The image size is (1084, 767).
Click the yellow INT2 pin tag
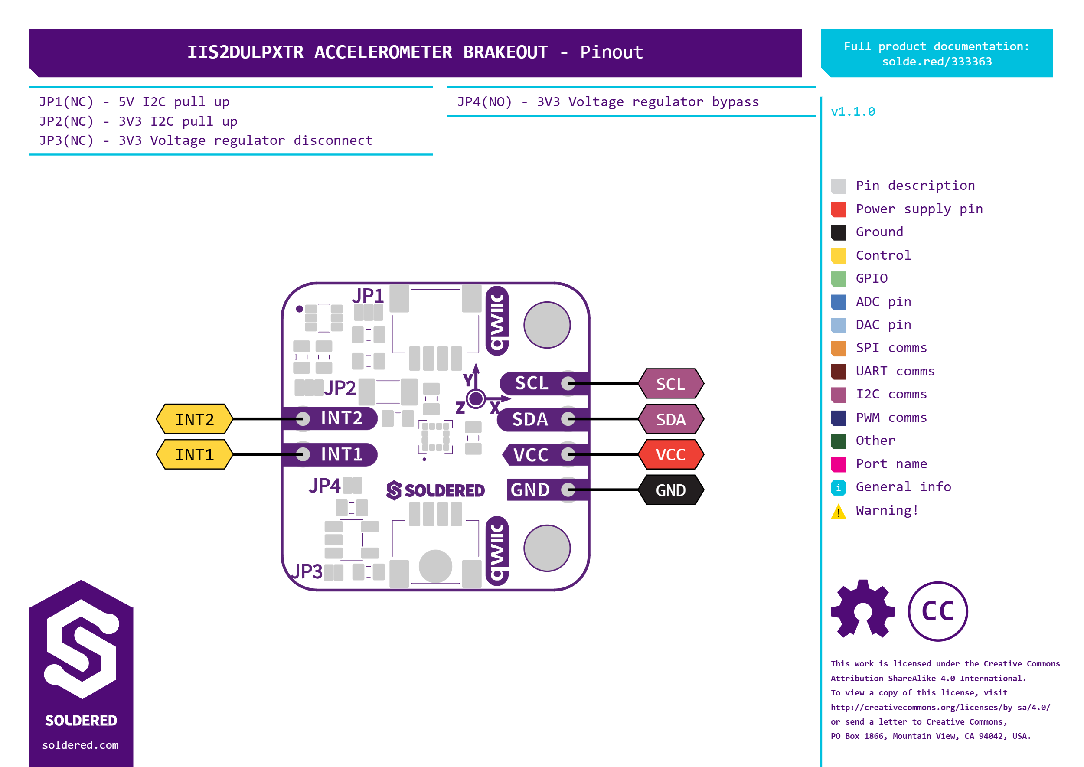pos(195,419)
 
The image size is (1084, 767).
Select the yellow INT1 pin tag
pos(195,454)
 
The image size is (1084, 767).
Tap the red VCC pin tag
pos(671,454)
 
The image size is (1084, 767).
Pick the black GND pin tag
pos(671,490)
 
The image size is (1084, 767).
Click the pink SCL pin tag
pos(671,383)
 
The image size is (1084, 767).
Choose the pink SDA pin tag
pos(671,419)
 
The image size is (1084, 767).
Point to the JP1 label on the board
pos(368,296)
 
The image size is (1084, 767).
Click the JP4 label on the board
pos(324,486)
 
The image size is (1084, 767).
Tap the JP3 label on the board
pos(307,571)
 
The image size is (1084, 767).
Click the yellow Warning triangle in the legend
pos(839,511)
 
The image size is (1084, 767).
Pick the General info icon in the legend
pos(839,487)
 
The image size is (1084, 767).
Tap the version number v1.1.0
pos(853,112)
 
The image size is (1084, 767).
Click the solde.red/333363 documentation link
pos(937,62)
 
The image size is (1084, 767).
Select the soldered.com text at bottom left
pos(80,745)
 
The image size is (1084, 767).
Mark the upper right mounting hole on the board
pos(547,325)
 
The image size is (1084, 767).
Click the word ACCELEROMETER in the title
pos(383,52)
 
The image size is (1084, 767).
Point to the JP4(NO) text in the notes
pos(485,102)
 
